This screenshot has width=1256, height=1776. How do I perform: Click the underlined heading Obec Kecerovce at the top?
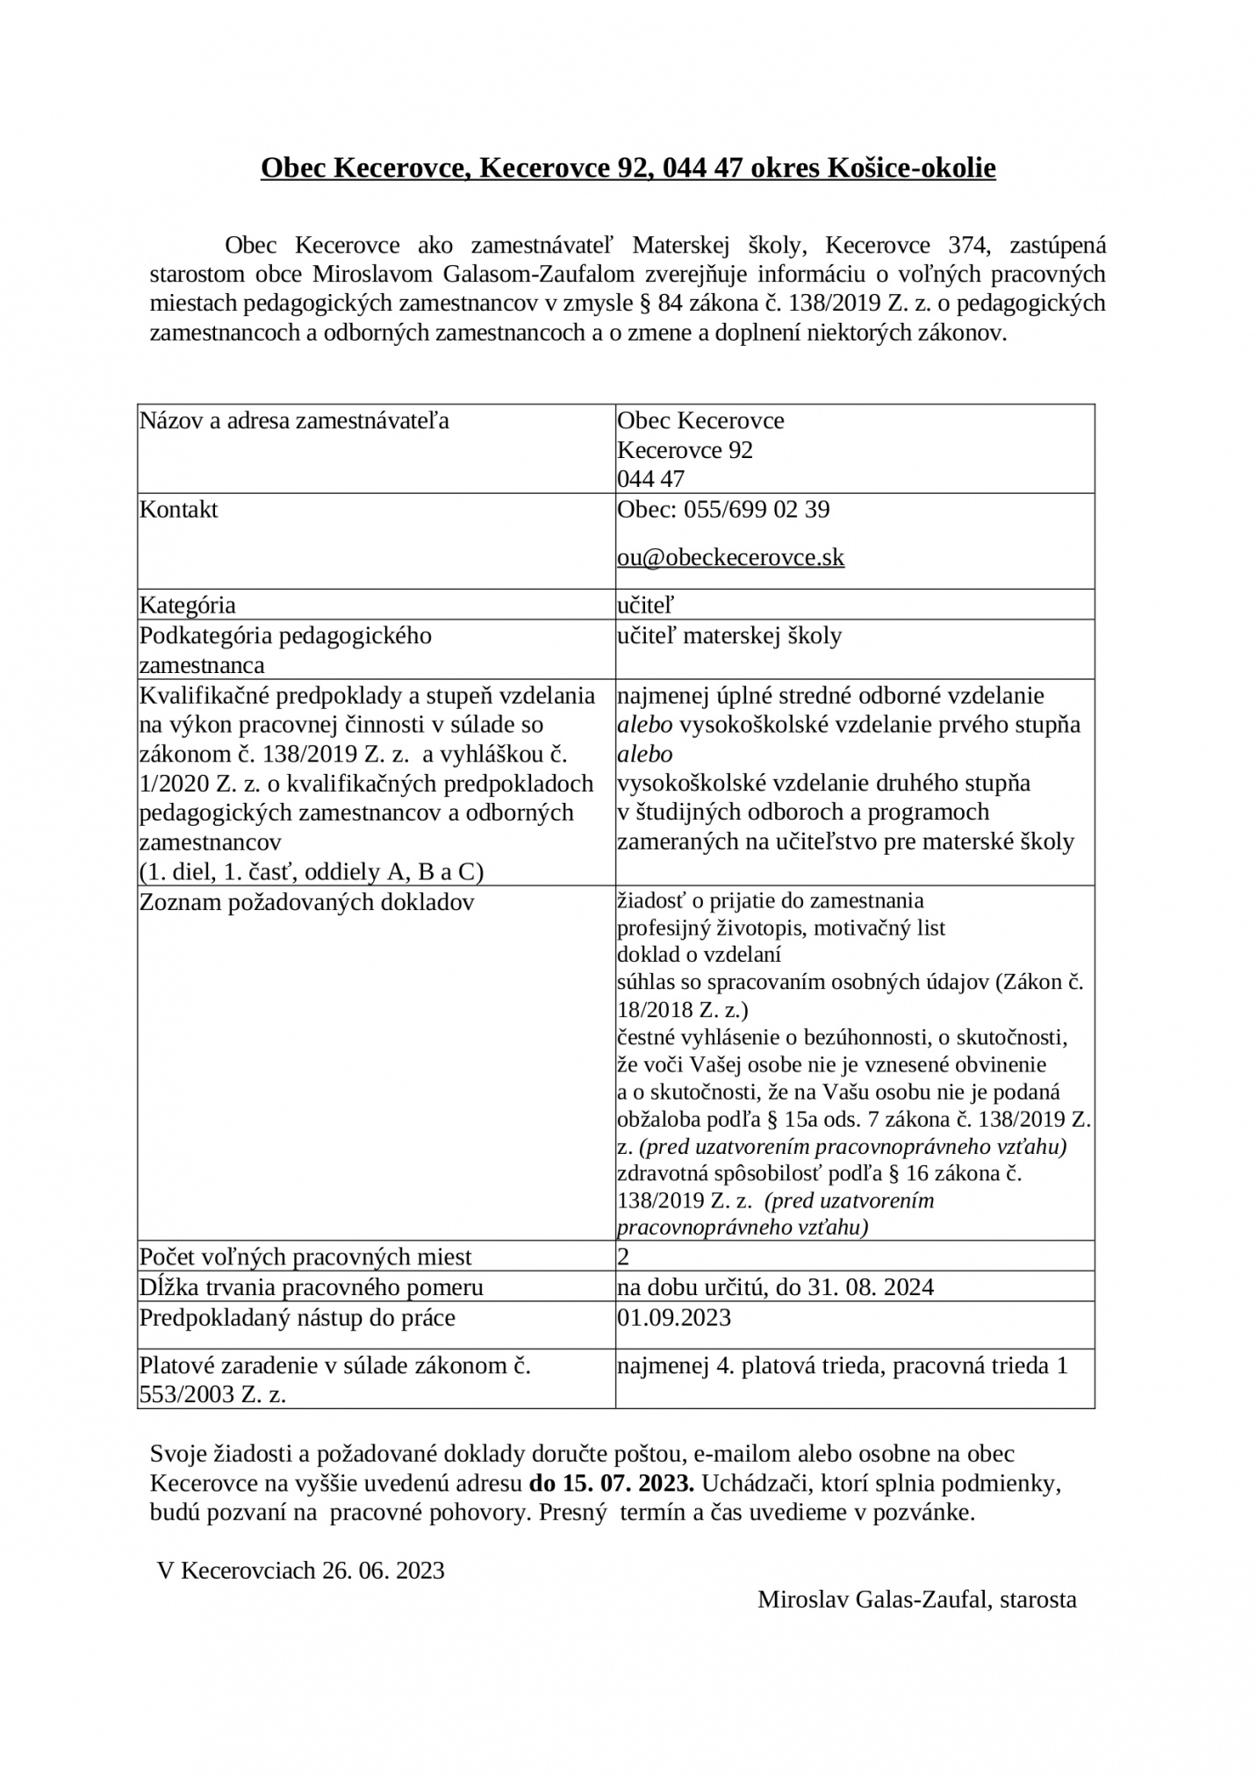[x=628, y=168]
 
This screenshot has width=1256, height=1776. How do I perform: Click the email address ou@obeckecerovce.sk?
[x=730, y=557]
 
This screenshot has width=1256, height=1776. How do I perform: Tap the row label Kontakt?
[x=179, y=510]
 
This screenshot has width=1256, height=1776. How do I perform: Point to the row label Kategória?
[x=188, y=605]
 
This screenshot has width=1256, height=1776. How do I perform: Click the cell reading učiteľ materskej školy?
[x=729, y=635]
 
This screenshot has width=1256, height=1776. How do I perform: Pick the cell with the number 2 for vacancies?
[x=624, y=1257]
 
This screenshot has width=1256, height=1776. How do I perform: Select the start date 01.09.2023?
[x=674, y=1317]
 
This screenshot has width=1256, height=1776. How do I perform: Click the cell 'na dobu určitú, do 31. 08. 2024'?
[x=776, y=1287]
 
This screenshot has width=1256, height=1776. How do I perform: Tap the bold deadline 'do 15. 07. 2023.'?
[x=611, y=1483]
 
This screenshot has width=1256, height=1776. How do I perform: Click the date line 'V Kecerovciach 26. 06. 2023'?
[x=301, y=1570]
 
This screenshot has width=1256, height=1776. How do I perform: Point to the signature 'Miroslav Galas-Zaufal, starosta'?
[x=916, y=1599]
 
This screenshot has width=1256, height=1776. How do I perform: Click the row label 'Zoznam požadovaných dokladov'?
[x=306, y=902]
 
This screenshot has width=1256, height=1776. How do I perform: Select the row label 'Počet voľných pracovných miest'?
[x=305, y=1257]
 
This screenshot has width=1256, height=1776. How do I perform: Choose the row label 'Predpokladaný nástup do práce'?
[x=298, y=1317]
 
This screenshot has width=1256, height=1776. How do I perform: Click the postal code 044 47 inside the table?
[x=651, y=479]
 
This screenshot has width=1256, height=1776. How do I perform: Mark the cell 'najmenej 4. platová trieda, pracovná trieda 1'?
[x=843, y=1365]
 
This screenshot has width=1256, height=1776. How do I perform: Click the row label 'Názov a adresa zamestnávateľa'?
[x=294, y=420]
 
